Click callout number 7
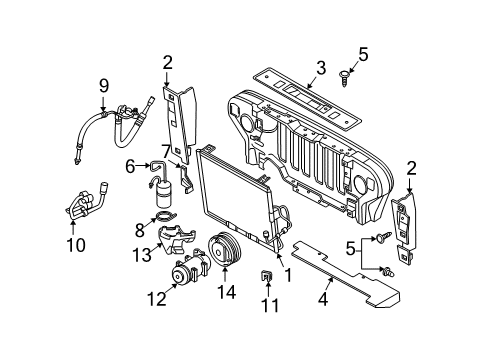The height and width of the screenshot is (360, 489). click(x=165, y=151)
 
